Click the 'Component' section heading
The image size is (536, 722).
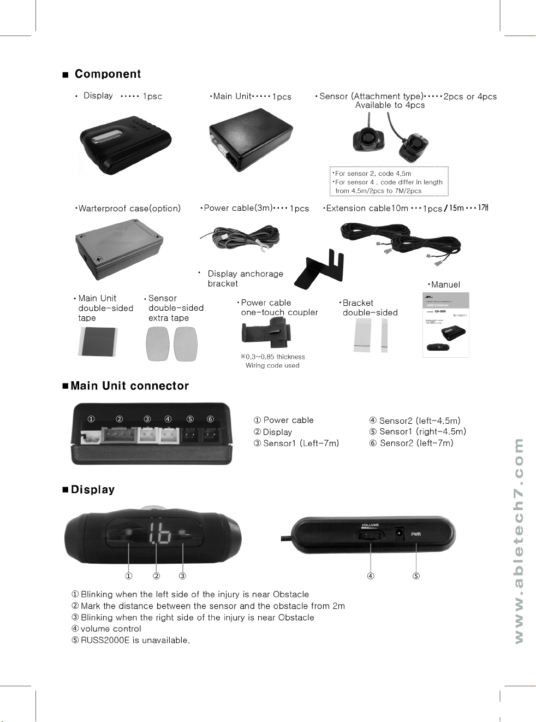click(108, 74)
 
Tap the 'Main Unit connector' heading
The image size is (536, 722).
click(129, 386)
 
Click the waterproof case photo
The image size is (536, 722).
click(119, 247)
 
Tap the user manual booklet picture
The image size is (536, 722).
click(446, 325)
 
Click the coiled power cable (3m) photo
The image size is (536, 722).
click(240, 239)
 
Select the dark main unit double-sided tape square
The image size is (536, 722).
click(97, 341)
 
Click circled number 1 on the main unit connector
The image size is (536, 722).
click(91, 419)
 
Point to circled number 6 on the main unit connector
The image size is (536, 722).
click(210, 419)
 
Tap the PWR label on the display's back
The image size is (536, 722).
click(416, 534)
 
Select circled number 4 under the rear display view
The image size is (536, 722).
click(371, 576)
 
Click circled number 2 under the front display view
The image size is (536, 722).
click(157, 576)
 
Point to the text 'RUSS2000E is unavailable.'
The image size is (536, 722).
click(135, 640)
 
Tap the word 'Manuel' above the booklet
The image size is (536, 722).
click(445, 285)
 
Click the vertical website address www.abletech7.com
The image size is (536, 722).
click(519, 541)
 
